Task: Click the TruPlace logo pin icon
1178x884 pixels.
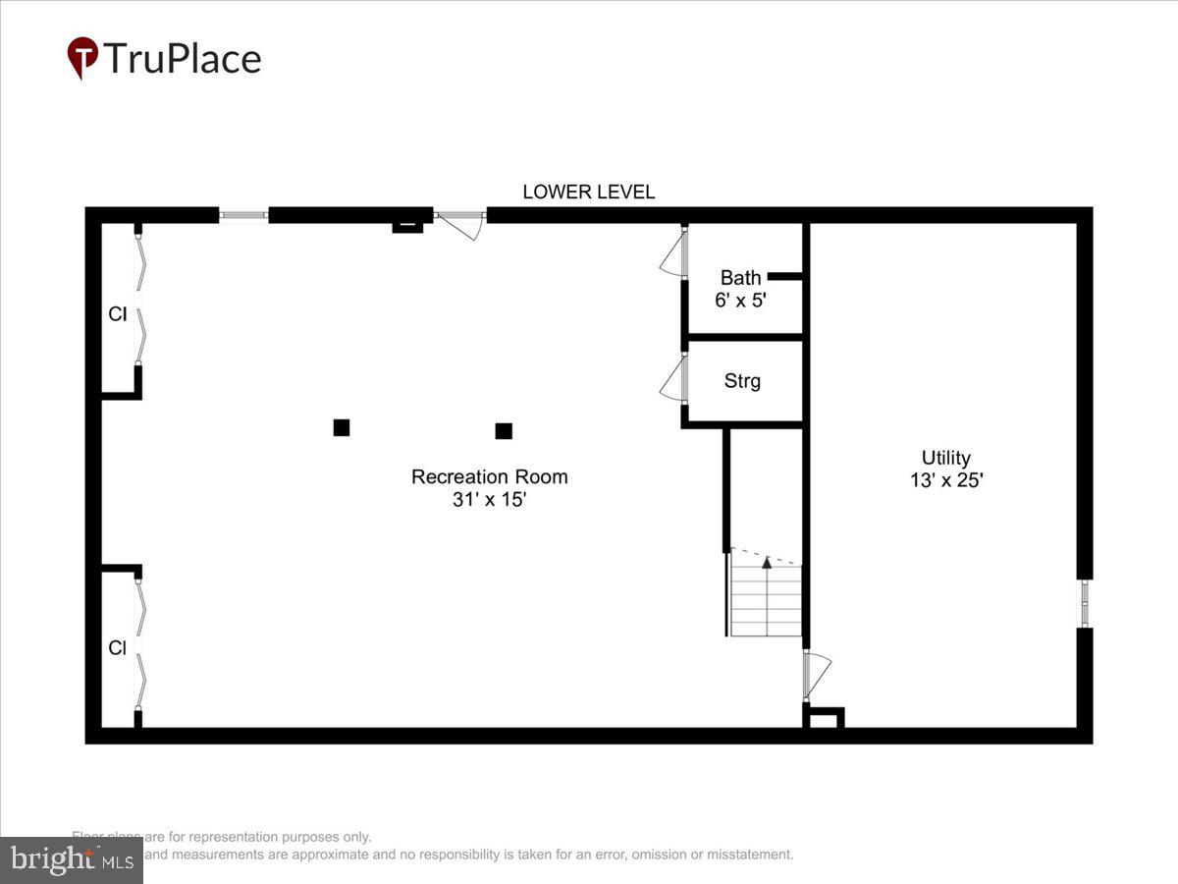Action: tap(82, 58)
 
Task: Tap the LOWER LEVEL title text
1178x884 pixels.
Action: tap(588, 193)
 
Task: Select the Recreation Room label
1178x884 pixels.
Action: tap(489, 477)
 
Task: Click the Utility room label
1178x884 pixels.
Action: tap(945, 458)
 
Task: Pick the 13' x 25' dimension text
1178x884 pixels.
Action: tap(945, 481)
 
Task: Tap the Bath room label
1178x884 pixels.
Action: tap(740, 278)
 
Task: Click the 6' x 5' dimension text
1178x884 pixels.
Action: tap(740, 301)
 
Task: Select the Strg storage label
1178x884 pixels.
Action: tap(742, 381)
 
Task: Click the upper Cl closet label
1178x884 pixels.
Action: tap(118, 315)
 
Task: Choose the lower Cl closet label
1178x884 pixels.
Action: tap(118, 648)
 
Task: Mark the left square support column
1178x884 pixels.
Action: tap(342, 427)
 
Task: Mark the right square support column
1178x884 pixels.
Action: tap(504, 430)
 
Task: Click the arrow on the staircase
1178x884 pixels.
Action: tap(767, 563)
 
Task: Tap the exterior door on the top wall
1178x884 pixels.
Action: tap(460, 223)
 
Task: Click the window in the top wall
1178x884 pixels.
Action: tap(242, 215)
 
